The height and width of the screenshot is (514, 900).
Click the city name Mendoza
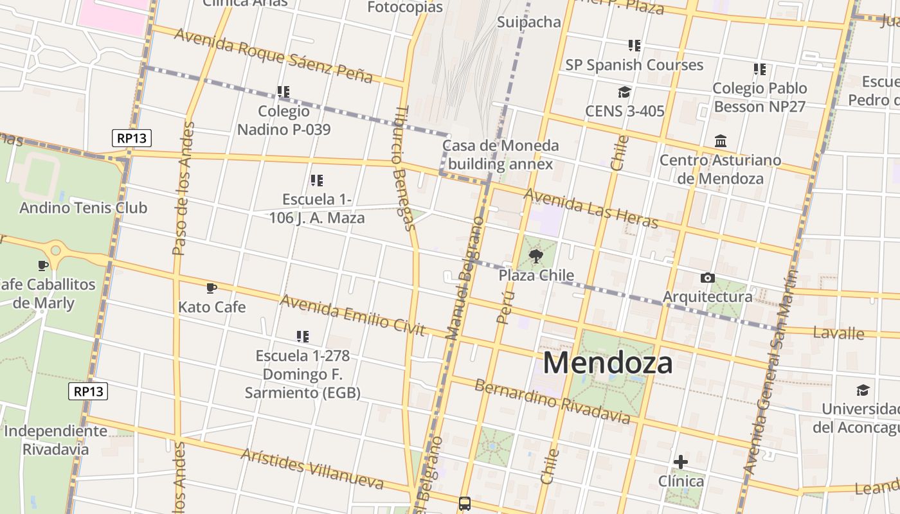click(607, 363)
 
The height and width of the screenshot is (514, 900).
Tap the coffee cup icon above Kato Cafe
click(212, 288)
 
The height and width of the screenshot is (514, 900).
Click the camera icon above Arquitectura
click(707, 278)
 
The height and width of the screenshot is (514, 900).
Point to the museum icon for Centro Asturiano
click(721, 141)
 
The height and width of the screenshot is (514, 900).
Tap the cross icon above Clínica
click(681, 461)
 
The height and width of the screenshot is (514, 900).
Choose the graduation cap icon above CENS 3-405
click(624, 92)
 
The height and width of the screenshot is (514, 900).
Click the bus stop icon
click(465, 504)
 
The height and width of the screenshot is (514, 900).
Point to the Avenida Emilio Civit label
click(352, 315)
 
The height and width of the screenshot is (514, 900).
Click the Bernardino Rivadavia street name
click(552, 402)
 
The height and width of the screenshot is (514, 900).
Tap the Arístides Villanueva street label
click(312, 469)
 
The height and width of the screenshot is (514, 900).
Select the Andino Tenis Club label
click(83, 208)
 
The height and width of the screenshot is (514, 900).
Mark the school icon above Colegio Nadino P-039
click(283, 92)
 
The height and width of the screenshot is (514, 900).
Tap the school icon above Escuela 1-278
click(302, 336)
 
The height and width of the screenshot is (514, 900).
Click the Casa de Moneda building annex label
click(500, 155)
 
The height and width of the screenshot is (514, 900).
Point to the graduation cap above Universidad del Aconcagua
click(862, 390)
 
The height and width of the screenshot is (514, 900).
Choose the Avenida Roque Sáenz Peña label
click(273, 55)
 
